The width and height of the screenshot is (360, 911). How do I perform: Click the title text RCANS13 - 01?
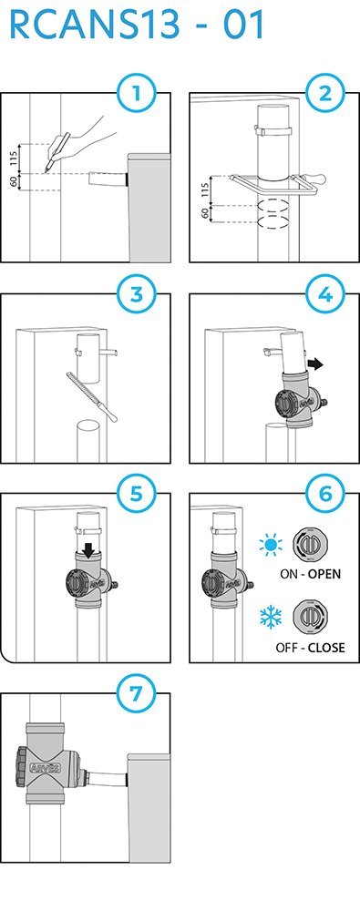pos(138,25)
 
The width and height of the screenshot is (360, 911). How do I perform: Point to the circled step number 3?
pos(136,294)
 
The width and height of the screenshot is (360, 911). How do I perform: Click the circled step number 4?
pos(325,294)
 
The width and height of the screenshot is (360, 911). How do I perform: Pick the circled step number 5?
pos(136,495)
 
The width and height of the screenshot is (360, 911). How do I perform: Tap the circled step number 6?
pos(325,495)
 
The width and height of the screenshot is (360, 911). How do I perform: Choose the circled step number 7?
pos(136,694)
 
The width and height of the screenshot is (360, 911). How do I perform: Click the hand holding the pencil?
pos(81,139)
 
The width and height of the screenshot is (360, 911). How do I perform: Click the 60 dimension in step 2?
pos(205,213)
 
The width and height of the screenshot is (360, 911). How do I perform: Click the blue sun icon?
pos(271,545)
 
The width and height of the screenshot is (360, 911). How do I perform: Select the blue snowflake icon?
pos(271,617)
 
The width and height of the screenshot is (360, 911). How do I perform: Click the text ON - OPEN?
pos(311,574)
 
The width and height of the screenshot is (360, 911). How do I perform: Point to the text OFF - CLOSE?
pos(311,647)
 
